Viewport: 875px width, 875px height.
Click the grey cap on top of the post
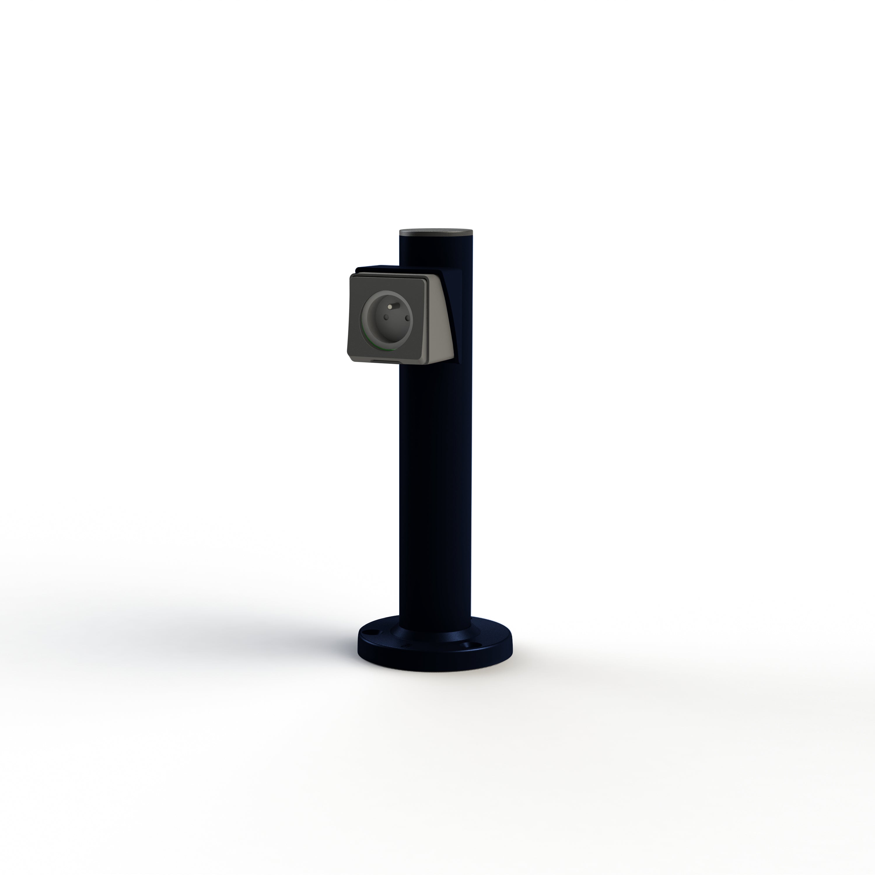click(x=436, y=232)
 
